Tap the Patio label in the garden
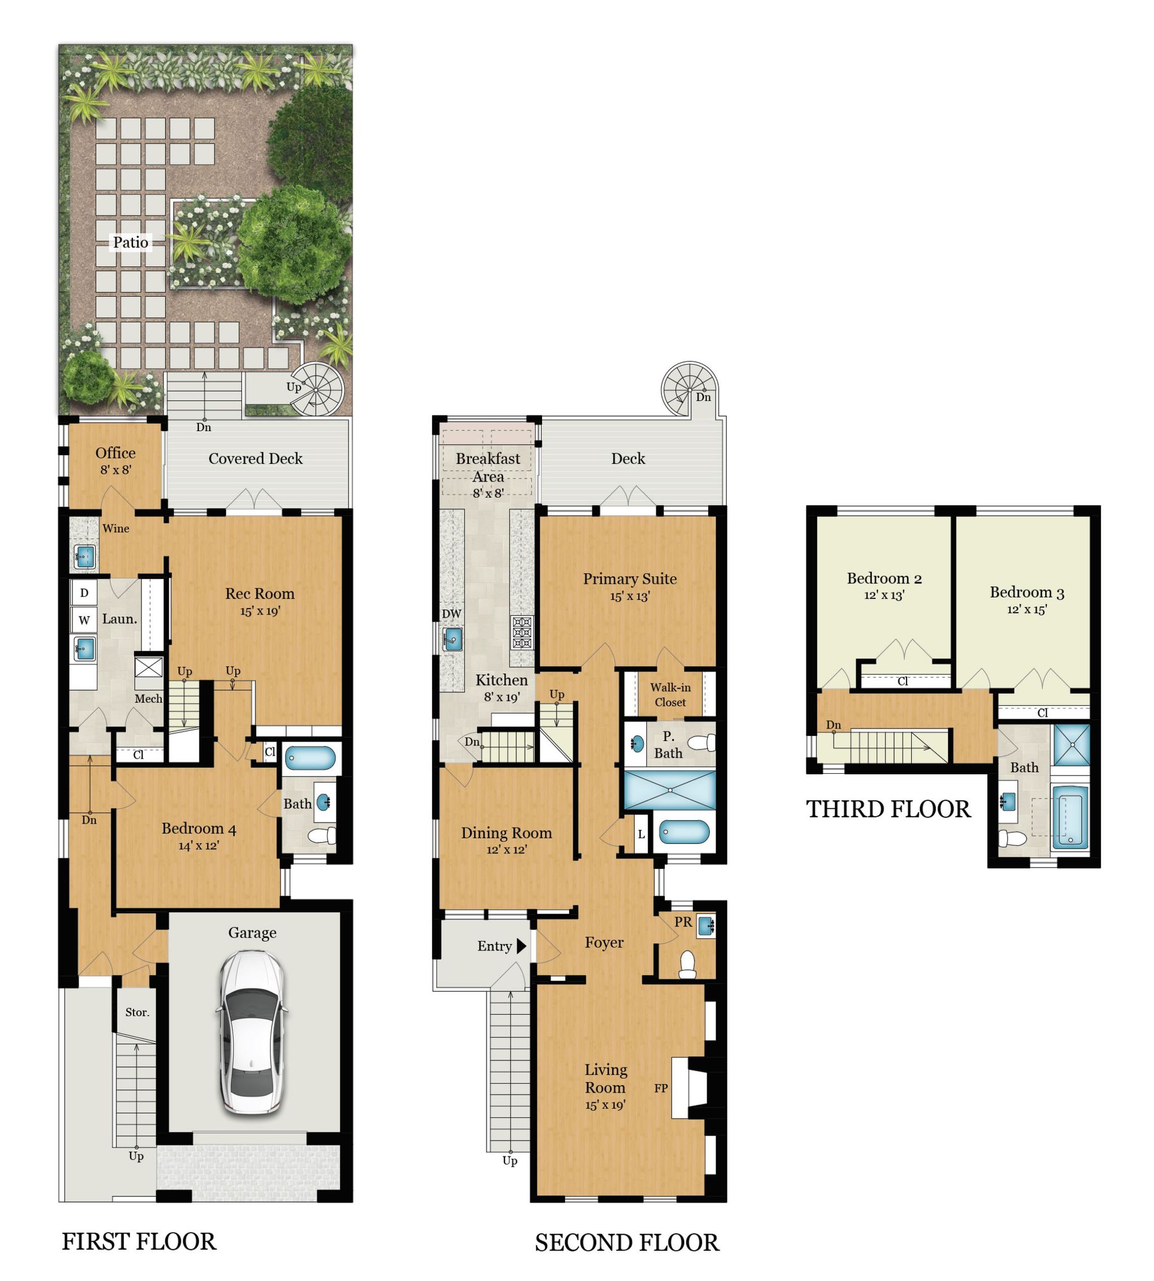(x=131, y=242)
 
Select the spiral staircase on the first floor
(x=319, y=388)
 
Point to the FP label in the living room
(x=661, y=1088)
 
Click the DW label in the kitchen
(x=451, y=614)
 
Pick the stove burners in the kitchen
(x=522, y=633)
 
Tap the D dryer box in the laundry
(x=85, y=593)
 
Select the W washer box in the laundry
(x=85, y=620)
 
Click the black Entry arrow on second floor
(x=521, y=946)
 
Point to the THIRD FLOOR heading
(x=887, y=810)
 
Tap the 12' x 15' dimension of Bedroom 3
(x=1027, y=609)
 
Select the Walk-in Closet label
(x=670, y=694)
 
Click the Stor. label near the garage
(x=137, y=1012)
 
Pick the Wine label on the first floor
(x=116, y=528)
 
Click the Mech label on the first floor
(x=148, y=699)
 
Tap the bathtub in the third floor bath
(x=1069, y=819)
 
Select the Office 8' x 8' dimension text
(x=116, y=470)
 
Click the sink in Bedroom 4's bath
(x=325, y=802)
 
